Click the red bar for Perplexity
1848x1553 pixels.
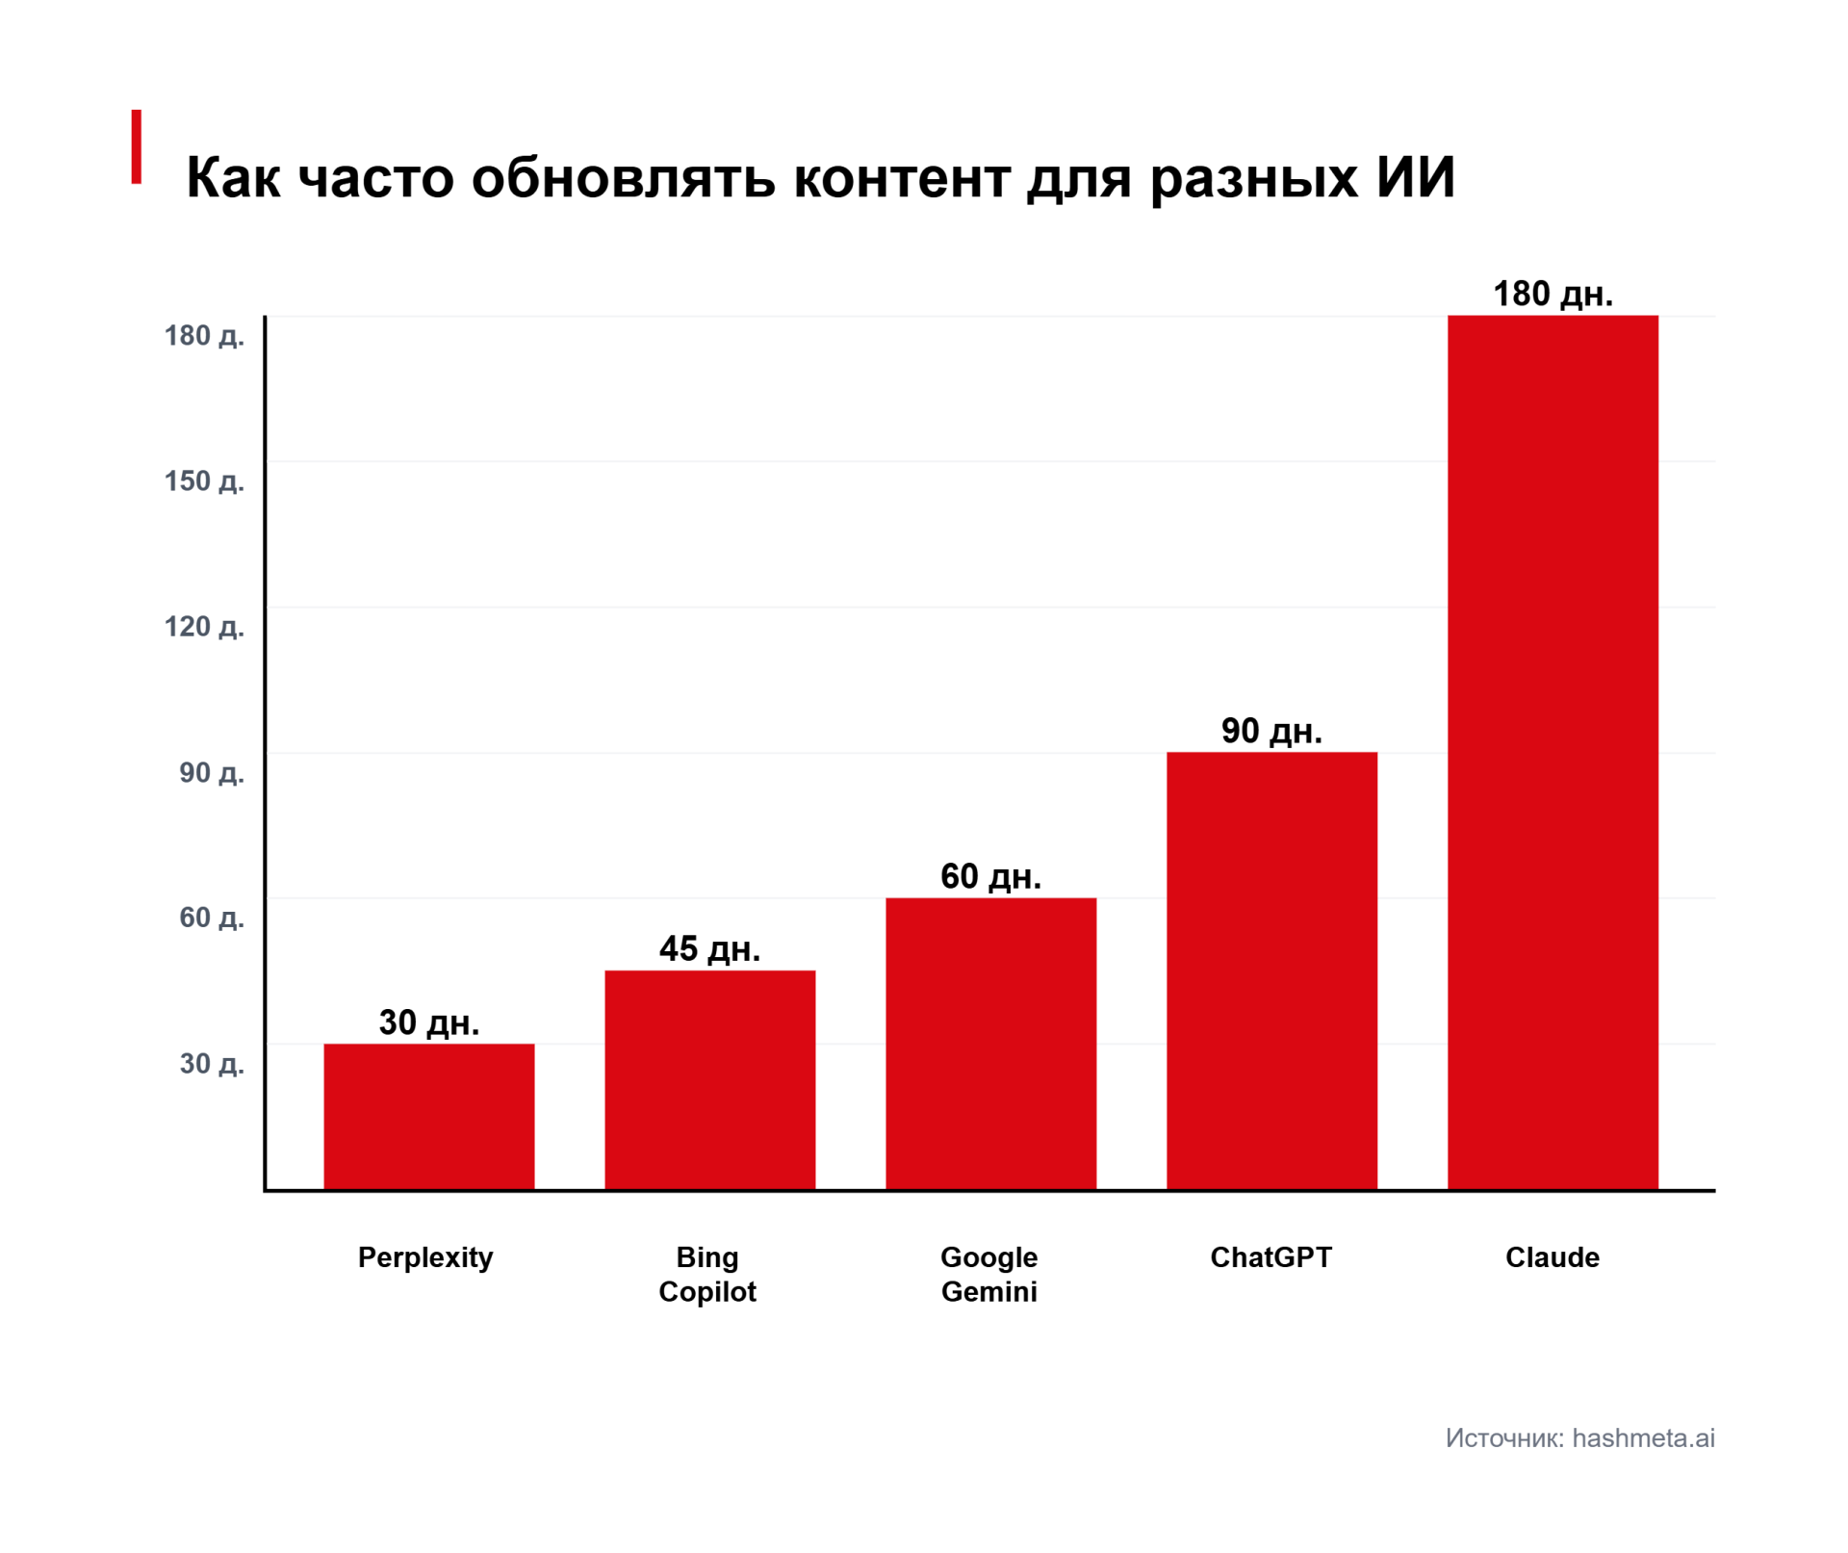click(428, 1117)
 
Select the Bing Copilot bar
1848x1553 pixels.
click(709, 1080)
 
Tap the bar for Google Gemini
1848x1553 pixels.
click(990, 1044)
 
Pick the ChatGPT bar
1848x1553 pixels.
click(1271, 971)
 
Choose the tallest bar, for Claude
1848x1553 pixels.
click(1553, 752)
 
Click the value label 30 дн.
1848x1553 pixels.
click(428, 1022)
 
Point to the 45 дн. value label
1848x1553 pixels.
click(709, 949)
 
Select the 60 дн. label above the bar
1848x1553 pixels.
click(990, 876)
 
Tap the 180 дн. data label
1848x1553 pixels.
click(1553, 294)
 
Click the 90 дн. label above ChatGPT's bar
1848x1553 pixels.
click(1271, 731)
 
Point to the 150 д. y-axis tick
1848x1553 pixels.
click(204, 480)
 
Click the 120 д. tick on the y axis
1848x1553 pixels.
click(204, 627)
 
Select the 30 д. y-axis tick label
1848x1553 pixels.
click(212, 1063)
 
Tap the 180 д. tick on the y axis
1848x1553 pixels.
click(204, 335)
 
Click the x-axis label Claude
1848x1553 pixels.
click(1553, 1256)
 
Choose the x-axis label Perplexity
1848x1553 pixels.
click(425, 1257)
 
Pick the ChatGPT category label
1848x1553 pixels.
click(1271, 1256)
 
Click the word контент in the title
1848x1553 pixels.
click(902, 178)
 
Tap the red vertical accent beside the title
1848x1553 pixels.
click(137, 146)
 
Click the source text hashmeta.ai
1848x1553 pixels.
click(1643, 1437)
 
